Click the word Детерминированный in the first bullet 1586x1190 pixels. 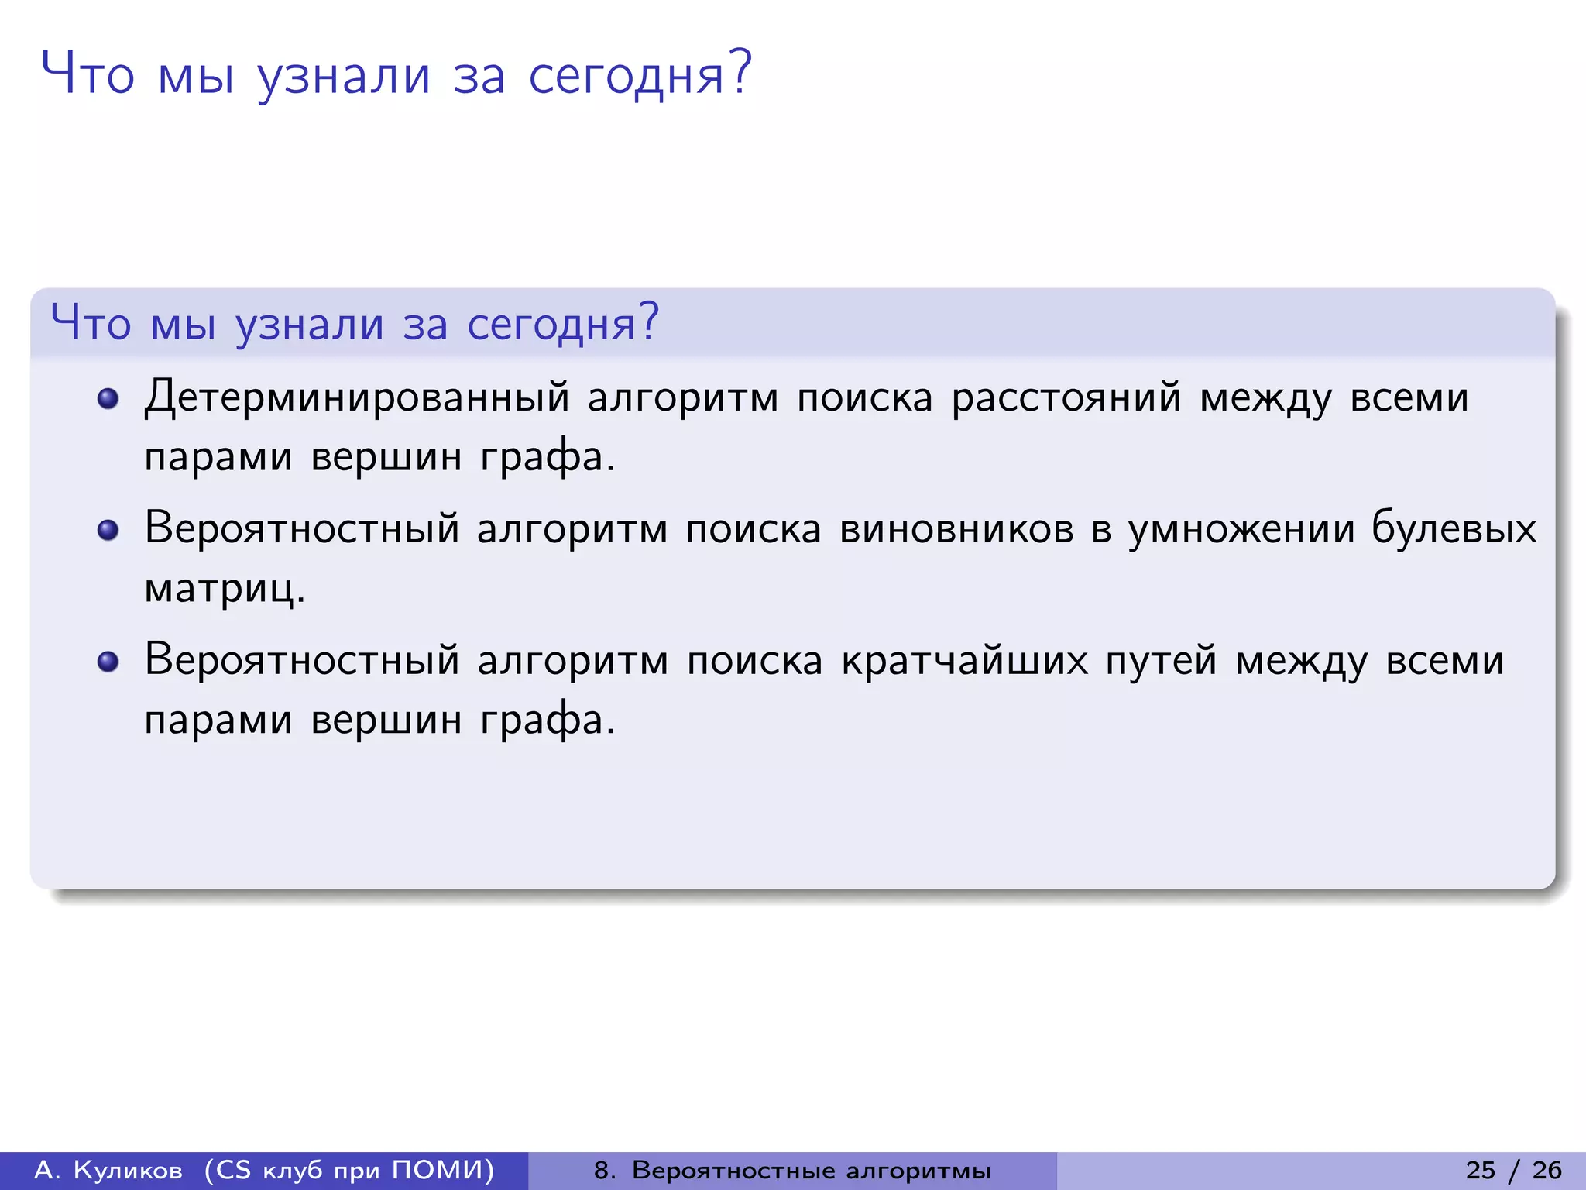coord(357,398)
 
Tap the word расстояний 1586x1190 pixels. coord(1066,398)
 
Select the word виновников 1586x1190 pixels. coord(956,530)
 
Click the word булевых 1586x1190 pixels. coord(1454,530)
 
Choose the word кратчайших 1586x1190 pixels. coord(964,662)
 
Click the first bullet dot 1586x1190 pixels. coord(108,399)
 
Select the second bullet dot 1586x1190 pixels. coord(108,531)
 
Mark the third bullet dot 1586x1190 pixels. coord(108,662)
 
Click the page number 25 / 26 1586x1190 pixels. coord(1513,1170)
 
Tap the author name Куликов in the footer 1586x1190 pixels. coord(129,1170)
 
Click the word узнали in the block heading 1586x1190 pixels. coord(310,325)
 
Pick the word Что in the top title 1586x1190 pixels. coord(88,74)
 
